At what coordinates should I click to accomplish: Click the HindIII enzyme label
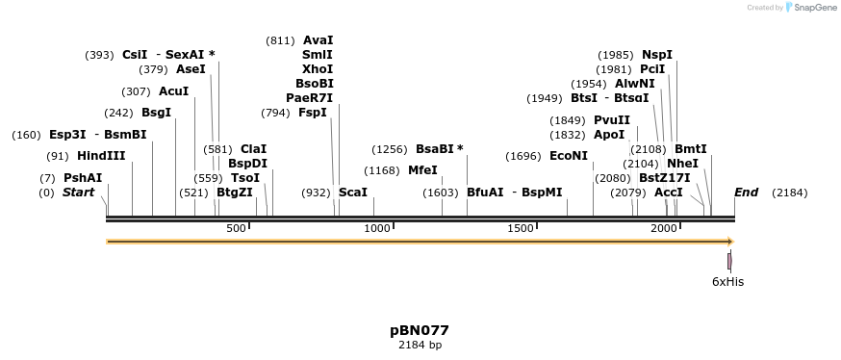coord(101,156)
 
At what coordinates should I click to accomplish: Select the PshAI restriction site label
coord(83,178)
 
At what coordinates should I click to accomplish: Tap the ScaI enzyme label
coord(353,193)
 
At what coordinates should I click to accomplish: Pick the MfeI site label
coord(422,170)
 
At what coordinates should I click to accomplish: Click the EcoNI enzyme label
coord(568,156)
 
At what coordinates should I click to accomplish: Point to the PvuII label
coord(612,120)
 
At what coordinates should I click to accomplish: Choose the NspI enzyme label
coord(657,55)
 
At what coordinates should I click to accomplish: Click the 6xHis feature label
coord(727,282)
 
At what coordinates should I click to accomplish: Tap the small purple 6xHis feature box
coord(730,261)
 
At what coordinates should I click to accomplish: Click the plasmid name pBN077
coord(420,330)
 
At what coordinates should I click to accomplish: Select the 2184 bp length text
coord(420,345)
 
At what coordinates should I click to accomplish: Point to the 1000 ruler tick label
coord(377,228)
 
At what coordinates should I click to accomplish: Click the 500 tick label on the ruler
coord(236,228)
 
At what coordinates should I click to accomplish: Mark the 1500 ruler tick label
coord(521,228)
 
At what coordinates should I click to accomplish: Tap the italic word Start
coord(80,193)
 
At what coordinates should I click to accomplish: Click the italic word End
coord(746,193)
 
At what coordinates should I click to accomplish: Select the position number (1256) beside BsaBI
coord(392,149)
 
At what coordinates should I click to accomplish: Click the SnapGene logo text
coord(813,8)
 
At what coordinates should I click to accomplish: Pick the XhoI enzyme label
coord(318,69)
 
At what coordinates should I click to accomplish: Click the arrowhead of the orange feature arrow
coord(729,242)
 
